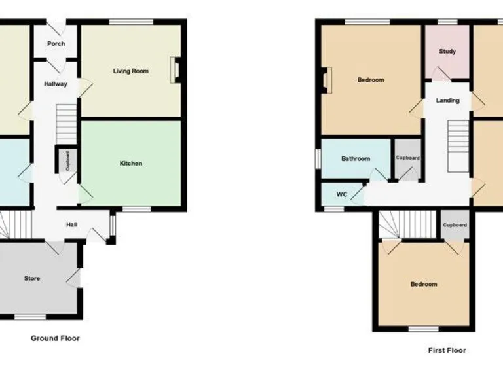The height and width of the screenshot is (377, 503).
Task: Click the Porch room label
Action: [56, 44]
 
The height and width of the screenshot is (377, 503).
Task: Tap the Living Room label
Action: [130, 71]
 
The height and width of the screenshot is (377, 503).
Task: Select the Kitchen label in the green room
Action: [130, 163]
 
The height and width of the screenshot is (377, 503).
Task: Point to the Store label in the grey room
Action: [32, 278]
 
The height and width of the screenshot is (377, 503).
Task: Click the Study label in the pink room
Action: [447, 52]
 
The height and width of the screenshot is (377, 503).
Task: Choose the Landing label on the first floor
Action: [448, 101]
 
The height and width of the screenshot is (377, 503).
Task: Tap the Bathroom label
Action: [356, 158]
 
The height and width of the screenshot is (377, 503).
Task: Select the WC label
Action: [341, 194]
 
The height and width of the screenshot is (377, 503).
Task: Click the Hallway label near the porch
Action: [55, 84]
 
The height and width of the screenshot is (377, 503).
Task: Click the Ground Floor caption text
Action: [55, 338]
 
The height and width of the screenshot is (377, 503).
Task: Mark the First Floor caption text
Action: [447, 350]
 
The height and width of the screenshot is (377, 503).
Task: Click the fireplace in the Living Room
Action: [175, 71]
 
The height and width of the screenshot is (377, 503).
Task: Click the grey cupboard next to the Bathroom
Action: [407, 159]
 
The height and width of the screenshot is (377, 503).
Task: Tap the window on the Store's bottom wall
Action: [26, 317]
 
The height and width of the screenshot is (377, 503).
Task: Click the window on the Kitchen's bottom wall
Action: [135, 209]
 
